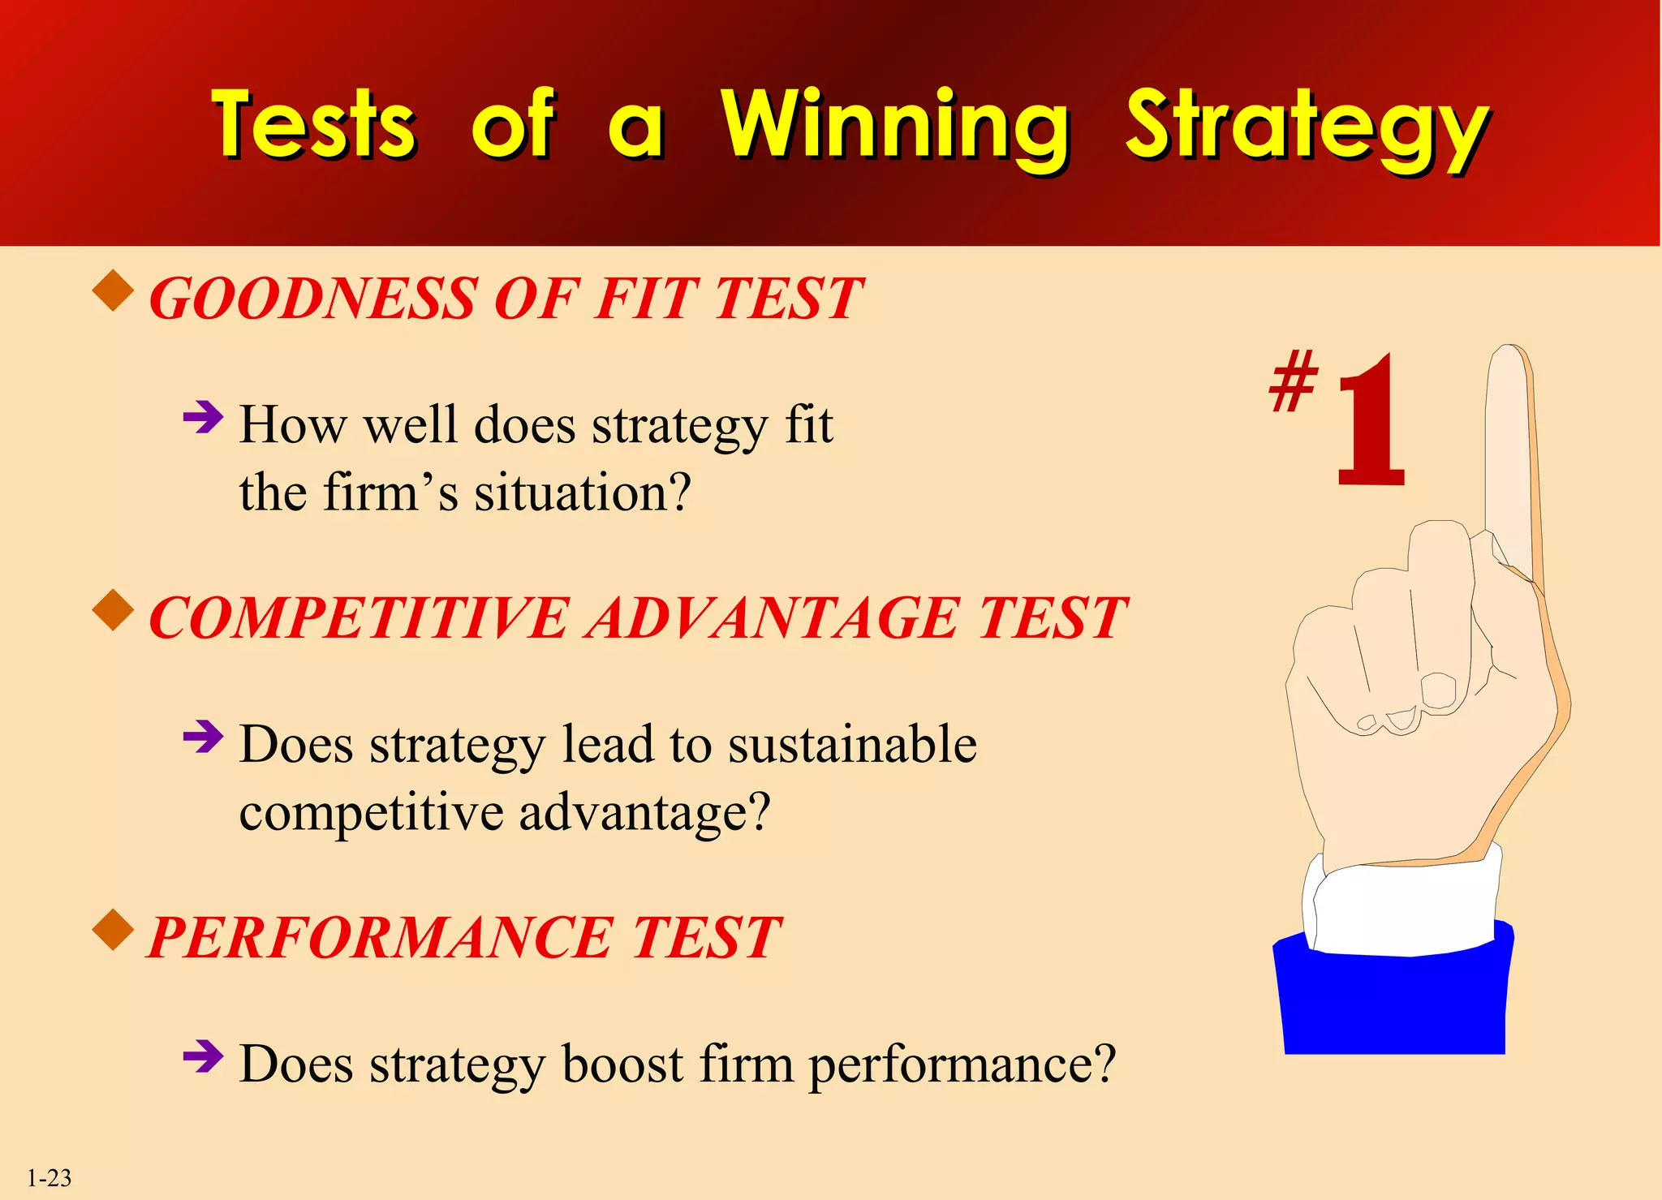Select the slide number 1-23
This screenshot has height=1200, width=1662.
click(x=49, y=1177)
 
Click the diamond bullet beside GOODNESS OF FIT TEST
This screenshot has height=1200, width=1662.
click(x=114, y=291)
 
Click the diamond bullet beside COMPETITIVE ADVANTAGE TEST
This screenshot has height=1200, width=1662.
click(x=114, y=610)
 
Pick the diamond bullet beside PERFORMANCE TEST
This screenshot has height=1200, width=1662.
click(x=114, y=930)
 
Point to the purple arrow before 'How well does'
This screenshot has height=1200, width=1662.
click(x=203, y=419)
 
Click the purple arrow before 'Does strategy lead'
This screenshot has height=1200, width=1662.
click(x=203, y=738)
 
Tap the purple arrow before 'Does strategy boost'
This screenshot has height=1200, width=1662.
click(x=203, y=1056)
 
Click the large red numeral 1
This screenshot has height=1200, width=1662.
click(x=1370, y=422)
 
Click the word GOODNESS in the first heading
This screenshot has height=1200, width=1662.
click(x=312, y=299)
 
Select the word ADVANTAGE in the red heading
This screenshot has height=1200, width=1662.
click(x=775, y=618)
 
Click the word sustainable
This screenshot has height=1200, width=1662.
click(x=852, y=744)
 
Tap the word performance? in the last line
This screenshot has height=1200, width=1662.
click(x=962, y=1065)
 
